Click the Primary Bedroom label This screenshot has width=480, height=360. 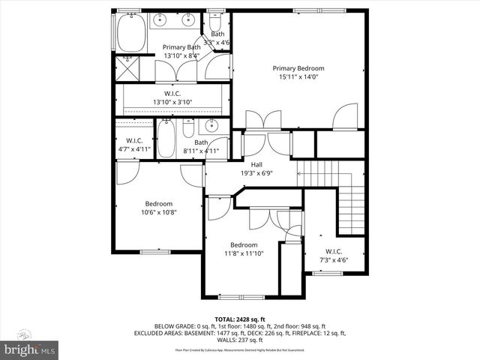click(298, 68)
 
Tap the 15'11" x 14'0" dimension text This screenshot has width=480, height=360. click(298, 76)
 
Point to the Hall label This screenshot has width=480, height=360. click(256, 164)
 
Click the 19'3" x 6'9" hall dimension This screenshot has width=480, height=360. click(256, 172)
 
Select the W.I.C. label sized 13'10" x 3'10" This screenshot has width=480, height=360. click(173, 94)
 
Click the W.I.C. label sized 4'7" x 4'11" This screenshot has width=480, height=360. click(134, 140)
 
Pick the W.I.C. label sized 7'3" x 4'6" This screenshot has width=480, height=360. click(334, 250)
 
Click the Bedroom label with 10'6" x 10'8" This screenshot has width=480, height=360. click(158, 203)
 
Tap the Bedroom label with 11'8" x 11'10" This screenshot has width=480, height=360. click(244, 244)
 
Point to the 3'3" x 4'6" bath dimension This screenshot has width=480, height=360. click(217, 43)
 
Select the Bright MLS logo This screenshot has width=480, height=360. click(29, 349)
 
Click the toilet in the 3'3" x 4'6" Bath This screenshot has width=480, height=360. click(216, 17)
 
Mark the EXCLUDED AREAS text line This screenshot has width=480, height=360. click(240, 332)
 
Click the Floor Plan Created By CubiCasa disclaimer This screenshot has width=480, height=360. click(240, 349)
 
